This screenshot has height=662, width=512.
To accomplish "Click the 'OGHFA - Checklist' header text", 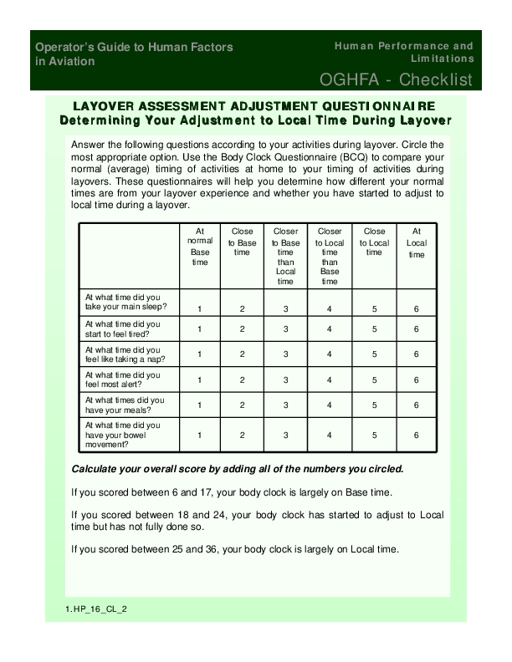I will click(x=396, y=80).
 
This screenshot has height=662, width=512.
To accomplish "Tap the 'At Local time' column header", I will click(x=417, y=242).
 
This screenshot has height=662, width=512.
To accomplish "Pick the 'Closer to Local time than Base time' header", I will click(x=330, y=255).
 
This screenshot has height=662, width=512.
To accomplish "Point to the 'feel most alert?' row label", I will click(x=124, y=380).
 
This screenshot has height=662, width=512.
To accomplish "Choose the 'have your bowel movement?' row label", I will click(x=125, y=435).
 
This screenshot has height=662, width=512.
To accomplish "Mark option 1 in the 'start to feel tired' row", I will click(x=200, y=329).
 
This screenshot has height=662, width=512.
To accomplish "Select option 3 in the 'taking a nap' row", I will click(x=286, y=354).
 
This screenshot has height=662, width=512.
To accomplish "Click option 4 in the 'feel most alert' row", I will click(x=330, y=380).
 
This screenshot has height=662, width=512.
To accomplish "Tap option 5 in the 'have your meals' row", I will click(x=375, y=405).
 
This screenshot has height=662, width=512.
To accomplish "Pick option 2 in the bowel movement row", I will click(x=243, y=435).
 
